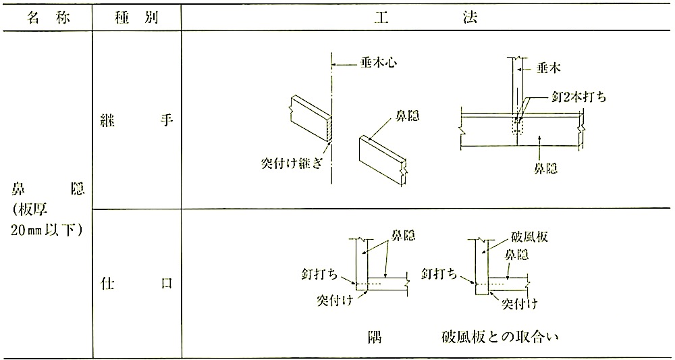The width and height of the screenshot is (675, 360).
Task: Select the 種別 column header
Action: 137,18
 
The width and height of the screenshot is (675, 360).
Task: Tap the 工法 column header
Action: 427,18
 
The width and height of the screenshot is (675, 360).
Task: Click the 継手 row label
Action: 137,121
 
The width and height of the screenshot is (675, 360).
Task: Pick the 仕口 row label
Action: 137,284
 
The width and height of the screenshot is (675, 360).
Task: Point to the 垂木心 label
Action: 378,64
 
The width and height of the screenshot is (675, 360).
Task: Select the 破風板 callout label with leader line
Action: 529,237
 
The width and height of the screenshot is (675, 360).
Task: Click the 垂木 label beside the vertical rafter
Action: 548,68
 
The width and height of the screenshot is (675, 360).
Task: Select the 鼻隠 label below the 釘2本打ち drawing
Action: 545,169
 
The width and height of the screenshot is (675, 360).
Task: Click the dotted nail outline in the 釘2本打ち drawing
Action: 516,126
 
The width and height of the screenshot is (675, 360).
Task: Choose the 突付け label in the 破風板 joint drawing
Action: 520,304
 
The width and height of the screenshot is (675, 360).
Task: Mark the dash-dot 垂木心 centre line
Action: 331,118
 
